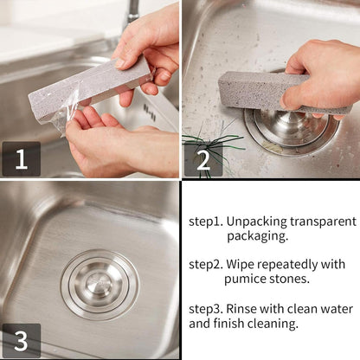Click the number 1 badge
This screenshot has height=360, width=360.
coord(21,158)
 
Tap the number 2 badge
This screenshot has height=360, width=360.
coord(202,159)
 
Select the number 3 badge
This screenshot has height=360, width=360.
coord(21,339)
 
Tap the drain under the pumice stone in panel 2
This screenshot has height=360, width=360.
coord(290,130)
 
